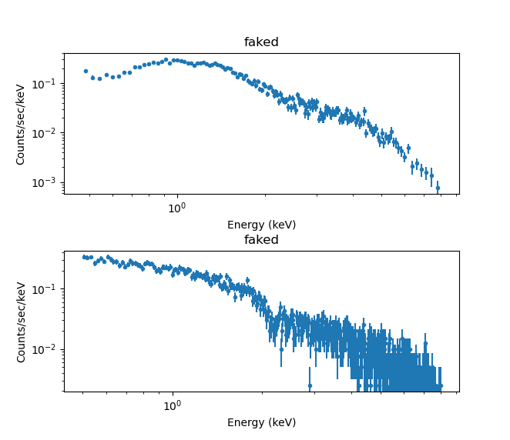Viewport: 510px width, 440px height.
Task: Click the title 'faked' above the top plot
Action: point(261,42)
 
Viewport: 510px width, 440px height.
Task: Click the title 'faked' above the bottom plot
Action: point(261,240)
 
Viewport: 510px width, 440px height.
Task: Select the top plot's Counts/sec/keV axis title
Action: point(22,124)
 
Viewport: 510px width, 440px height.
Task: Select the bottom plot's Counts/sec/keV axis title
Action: point(22,321)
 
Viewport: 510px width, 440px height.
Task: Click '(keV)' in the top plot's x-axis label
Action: point(281,225)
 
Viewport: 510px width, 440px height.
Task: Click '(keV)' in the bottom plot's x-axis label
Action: point(281,422)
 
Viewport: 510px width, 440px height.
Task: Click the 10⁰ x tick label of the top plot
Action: point(176,208)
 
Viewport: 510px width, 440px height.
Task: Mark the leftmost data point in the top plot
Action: point(86,71)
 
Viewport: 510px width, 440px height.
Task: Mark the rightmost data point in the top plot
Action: point(438,187)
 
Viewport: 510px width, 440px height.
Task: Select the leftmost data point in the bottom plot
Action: point(83,257)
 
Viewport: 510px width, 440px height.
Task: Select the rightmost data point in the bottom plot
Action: point(441,385)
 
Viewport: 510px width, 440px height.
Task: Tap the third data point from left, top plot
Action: point(99,78)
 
